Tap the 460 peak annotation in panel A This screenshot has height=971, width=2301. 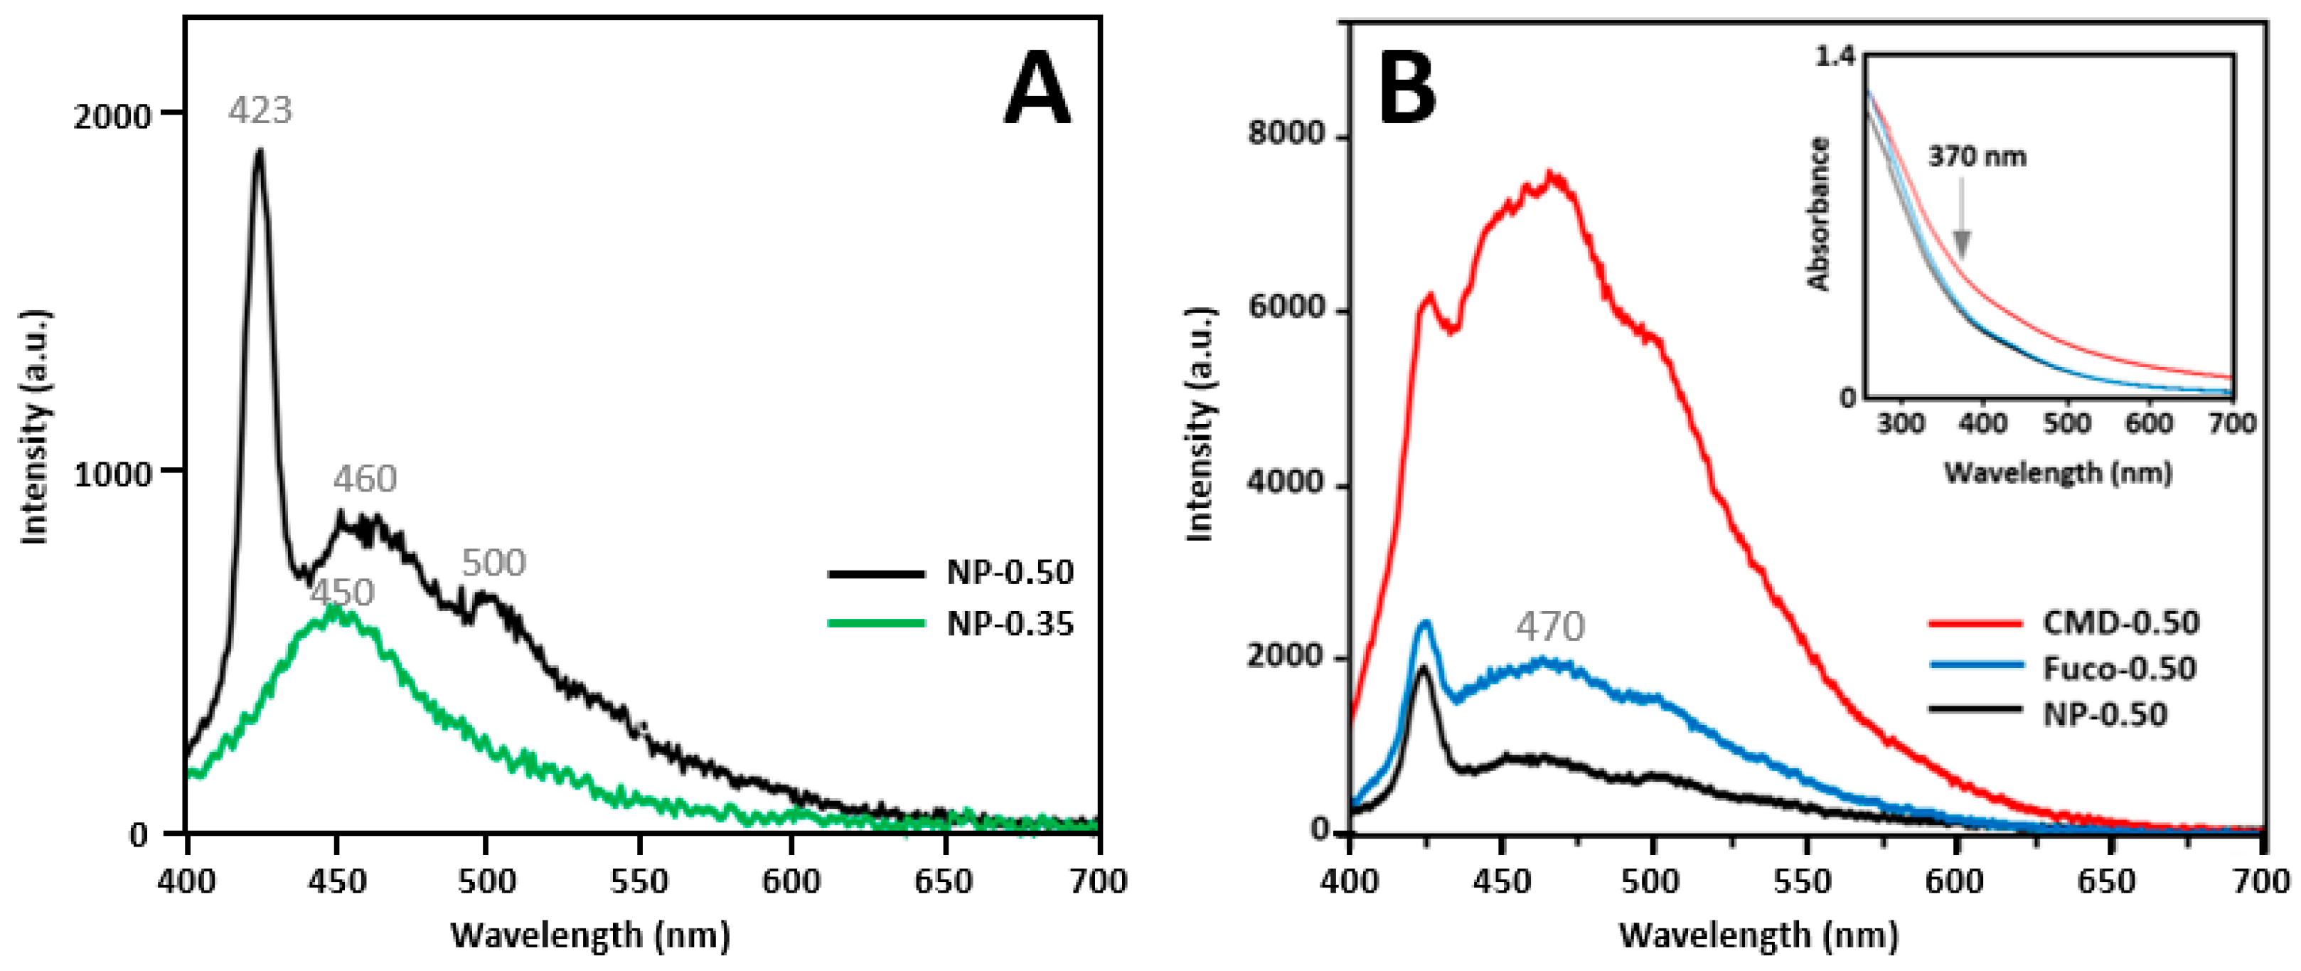click(365, 479)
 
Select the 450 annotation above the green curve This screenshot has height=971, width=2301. click(342, 593)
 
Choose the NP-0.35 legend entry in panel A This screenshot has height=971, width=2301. click(1010, 624)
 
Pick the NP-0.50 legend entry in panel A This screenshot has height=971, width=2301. click(1010, 573)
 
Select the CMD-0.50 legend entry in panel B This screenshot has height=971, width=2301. click(2120, 622)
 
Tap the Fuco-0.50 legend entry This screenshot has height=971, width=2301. click(2118, 668)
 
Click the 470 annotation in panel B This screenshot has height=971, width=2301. click(1550, 626)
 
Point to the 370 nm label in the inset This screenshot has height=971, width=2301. click(1977, 157)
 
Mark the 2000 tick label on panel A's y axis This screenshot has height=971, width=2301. click(112, 116)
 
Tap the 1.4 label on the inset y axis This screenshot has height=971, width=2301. click(1835, 57)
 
